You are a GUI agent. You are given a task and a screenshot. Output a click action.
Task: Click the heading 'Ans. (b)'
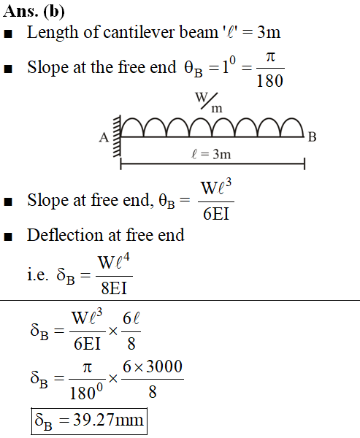click(34, 12)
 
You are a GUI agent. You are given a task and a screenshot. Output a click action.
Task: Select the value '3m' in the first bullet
click(269, 32)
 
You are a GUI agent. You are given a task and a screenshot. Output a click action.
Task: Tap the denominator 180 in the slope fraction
click(269, 81)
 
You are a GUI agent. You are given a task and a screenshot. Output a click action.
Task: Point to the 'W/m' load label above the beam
click(209, 102)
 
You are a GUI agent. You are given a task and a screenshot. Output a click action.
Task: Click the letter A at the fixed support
click(104, 137)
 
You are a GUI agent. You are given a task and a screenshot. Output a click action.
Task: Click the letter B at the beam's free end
click(313, 137)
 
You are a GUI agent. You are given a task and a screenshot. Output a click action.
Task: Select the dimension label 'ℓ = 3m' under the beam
click(211, 154)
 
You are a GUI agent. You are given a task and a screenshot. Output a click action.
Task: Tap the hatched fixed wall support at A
click(117, 136)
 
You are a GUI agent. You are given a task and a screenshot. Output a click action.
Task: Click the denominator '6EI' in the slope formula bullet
click(216, 214)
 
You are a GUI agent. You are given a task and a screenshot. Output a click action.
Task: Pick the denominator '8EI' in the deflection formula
click(114, 288)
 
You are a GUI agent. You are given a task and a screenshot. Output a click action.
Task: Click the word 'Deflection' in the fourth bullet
click(64, 234)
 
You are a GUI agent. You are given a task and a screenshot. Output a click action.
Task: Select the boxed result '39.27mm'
click(108, 420)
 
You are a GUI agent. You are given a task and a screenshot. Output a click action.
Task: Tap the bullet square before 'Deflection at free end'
click(8, 237)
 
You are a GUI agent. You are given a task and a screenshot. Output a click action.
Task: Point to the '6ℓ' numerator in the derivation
click(131, 318)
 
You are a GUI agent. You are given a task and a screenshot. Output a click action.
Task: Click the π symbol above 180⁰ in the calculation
click(87, 368)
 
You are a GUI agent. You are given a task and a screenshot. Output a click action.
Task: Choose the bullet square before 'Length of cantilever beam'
click(8, 34)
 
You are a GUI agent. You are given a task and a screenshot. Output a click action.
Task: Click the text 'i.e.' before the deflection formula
click(37, 275)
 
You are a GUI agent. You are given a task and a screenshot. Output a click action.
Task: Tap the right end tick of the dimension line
click(305, 164)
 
